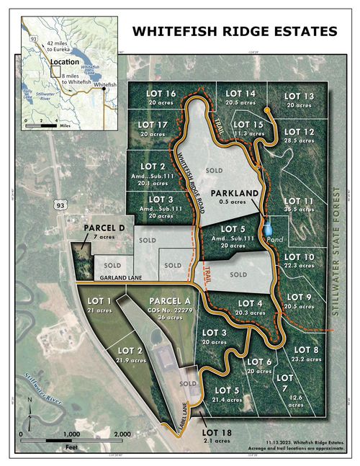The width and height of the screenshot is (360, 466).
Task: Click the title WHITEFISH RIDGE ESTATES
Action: [234, 31]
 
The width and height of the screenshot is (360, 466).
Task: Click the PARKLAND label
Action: [234, 194]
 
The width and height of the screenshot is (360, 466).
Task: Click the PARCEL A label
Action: [170, 300]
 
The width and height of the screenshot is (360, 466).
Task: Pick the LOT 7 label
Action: [286, 377]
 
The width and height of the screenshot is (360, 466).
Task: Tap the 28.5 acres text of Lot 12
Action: [300, 141]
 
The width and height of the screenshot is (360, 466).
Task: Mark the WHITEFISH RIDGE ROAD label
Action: [184, 176]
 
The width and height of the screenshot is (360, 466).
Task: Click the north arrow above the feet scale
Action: [29, 403]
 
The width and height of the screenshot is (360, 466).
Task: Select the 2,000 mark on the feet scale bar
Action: [122, 434]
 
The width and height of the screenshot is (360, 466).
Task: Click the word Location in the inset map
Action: [65, 63]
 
